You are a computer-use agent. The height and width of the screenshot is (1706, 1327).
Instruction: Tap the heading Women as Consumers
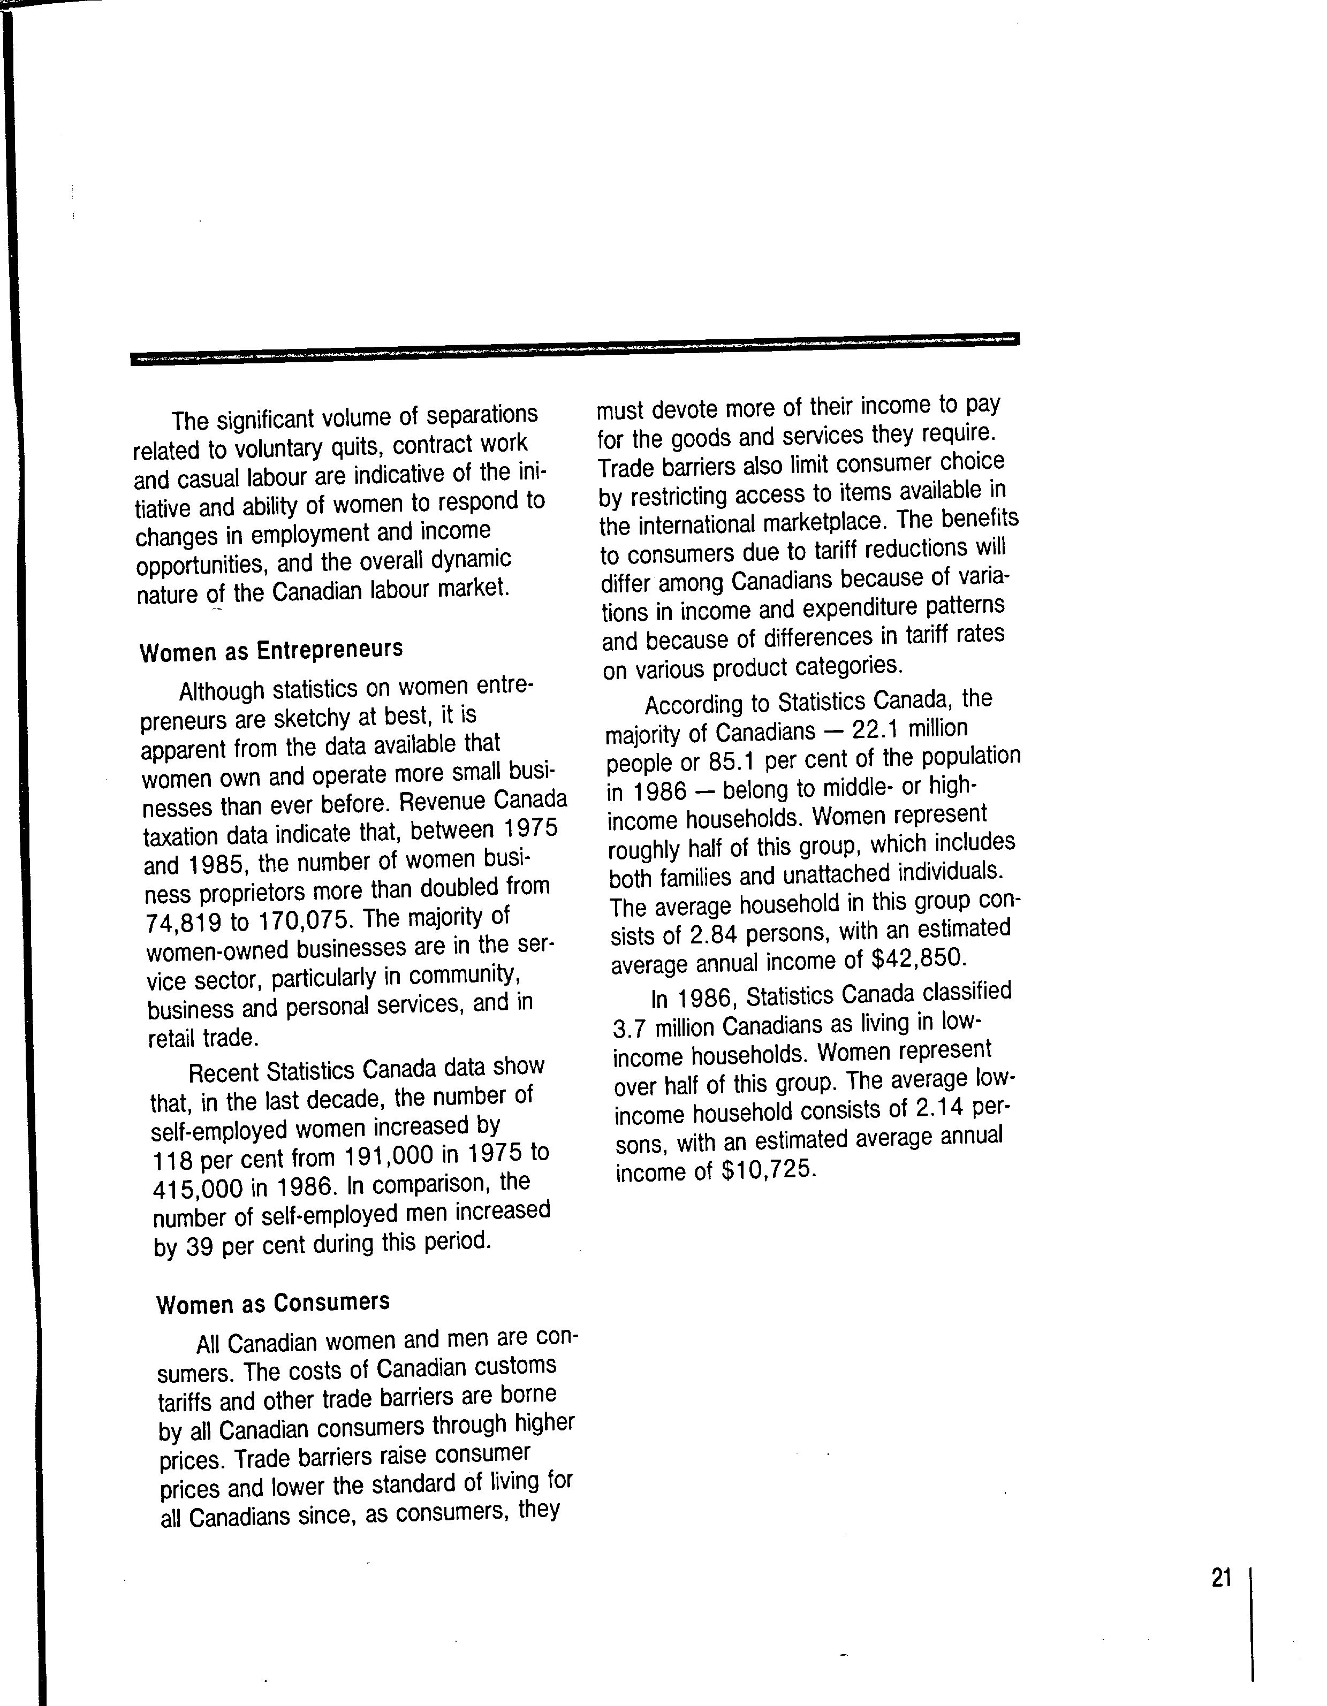coord(273,1304)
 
